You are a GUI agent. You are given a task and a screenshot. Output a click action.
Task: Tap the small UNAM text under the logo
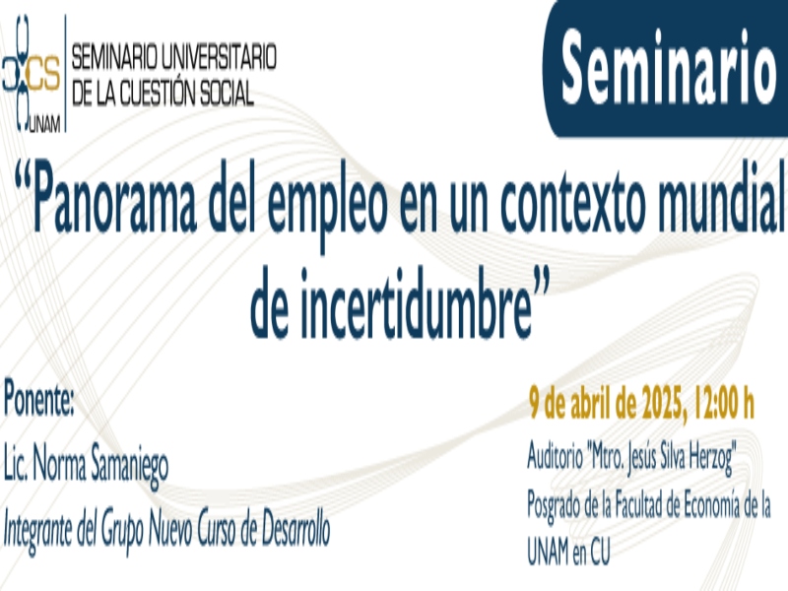pos(44,124)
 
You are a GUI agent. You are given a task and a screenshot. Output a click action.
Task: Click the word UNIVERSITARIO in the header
pos(219,56)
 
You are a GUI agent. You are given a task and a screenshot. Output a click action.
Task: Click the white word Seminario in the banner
pos(669,67)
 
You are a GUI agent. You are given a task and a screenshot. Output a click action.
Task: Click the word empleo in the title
pos(327,204)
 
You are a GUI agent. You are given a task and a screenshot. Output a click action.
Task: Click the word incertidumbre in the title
pos(416,302)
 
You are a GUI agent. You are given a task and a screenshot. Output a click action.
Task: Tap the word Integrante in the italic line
pos(38,532)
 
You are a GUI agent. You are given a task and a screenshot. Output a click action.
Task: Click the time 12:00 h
pos(723,403)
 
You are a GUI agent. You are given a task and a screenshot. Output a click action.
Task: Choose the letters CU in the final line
pos(600,551)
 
